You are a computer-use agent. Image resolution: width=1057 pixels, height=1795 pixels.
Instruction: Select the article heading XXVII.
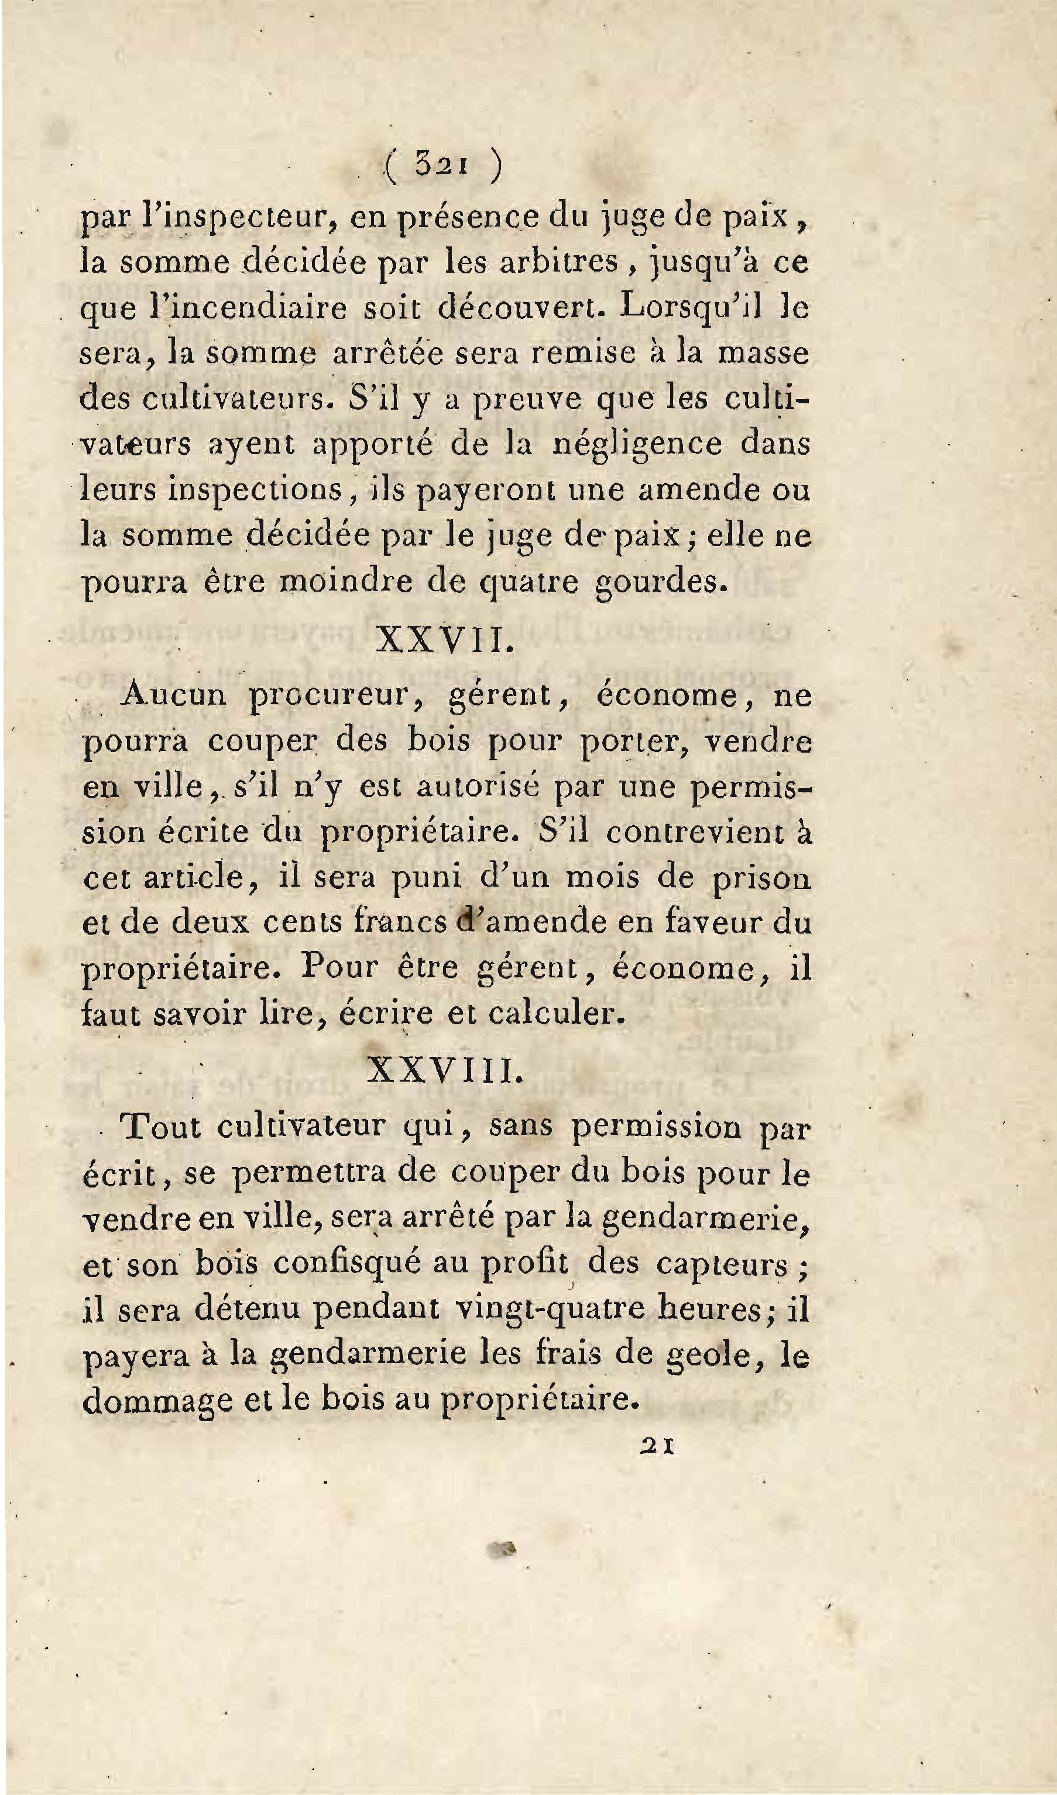443,640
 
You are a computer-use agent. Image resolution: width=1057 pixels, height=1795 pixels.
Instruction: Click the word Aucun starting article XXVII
173,695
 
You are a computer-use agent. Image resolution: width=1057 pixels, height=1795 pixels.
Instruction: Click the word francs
399,923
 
